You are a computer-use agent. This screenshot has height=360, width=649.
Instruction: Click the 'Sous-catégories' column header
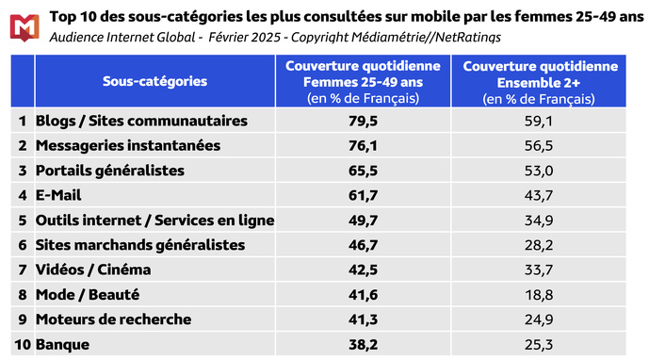pyautogui.click(x=154, y=81)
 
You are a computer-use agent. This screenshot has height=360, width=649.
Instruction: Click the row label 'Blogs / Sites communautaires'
pyautogui.click(x=141, y=121)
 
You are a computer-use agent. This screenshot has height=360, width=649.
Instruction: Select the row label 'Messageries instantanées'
pyautogui.click(x=127, y=145)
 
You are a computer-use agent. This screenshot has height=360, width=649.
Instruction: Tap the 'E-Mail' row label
pyautogui.click(x=58, y=195)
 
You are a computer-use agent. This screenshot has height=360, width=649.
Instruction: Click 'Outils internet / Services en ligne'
pyautogui.click(x=154, y=221)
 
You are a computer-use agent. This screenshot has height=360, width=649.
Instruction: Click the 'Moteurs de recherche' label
pyautogui.click(x=113, y=319)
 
